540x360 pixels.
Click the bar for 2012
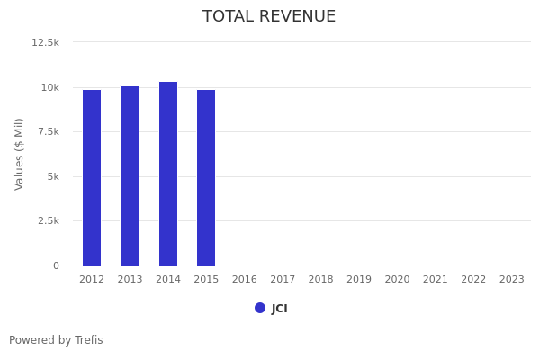click(x=92, y=177)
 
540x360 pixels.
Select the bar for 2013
click(x=130, y=175)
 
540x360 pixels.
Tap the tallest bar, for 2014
click(x=168, y=174)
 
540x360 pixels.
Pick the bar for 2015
click(x=206, y=177)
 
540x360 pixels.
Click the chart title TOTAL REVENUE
click(x=269, y=17)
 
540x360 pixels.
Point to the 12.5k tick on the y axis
click(x=45, y=42)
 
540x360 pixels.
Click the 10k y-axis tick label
click(x=49, y=87)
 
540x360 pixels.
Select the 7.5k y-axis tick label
click(x=47, y=131)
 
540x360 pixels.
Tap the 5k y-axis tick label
click(x=51, y=176)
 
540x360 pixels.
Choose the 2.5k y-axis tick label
click(x=47, y=220)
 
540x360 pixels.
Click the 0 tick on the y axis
click(x=56, y=265)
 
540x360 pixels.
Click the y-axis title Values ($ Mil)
click(x=20, y=153)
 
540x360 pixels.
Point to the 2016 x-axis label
click(x=245, y=280)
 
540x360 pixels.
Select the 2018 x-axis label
click(x=321, y=280)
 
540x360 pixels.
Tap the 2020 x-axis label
click(x=397, y=280)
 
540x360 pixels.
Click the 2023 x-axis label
click(x=511, y=280)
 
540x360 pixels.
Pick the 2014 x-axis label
click(x=168, y=280)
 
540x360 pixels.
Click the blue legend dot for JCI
click(x=260, y=308)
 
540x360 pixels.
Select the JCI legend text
click(x=280, y=309)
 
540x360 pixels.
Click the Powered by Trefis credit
click(x=56, y=340)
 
